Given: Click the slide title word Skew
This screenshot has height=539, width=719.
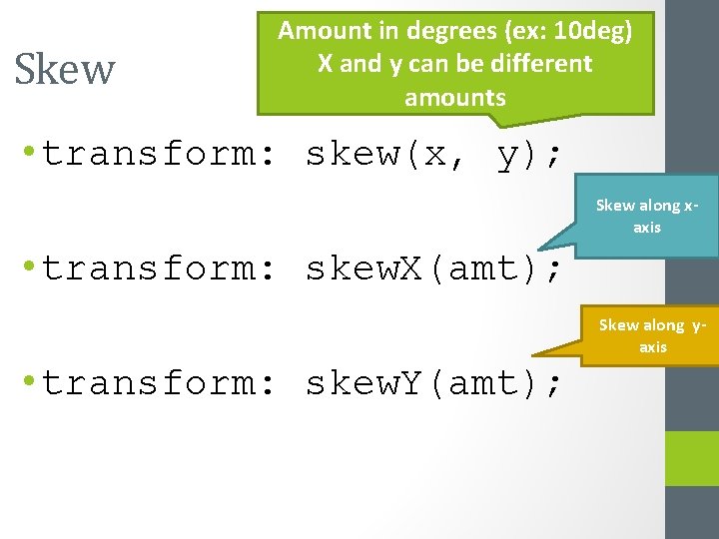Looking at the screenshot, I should click(65, 69).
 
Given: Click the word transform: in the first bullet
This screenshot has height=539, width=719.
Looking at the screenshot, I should click(150, 155).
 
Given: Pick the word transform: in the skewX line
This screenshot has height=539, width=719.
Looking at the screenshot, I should click(150, 269).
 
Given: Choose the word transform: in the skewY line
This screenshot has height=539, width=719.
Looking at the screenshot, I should click(150, 383).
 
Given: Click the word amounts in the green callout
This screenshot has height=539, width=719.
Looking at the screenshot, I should click(455, 97).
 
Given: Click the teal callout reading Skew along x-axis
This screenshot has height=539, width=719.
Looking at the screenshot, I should click(647, 216).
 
